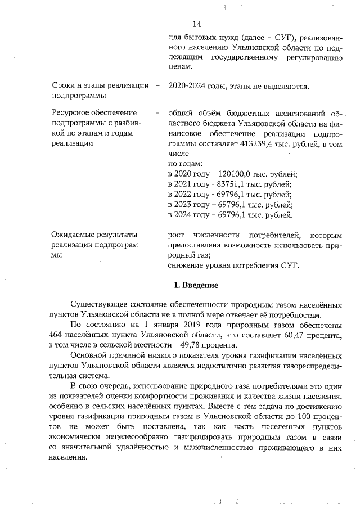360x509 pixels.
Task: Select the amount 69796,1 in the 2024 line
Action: [x=232, y=214]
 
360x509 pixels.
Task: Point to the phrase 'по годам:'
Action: [x=185, y=164]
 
